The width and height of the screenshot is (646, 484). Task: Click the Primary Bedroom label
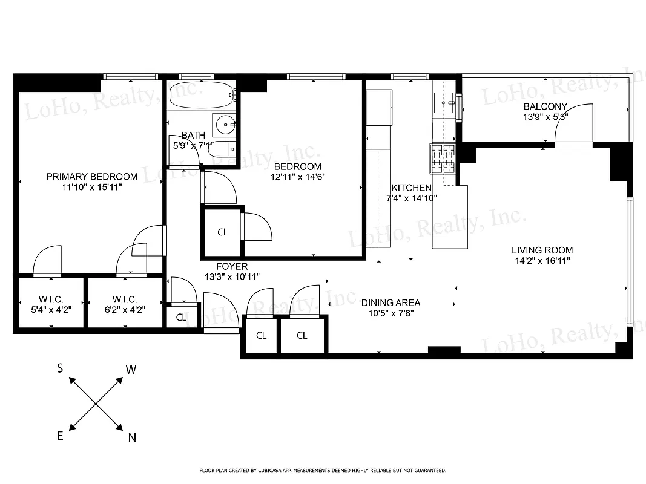coord(92,177)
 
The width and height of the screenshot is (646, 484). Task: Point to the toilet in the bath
coord(226,149)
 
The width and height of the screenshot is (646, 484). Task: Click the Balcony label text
coord(545,106)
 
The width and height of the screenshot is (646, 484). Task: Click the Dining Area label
coord(391,303)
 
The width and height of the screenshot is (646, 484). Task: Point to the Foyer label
coord(232,266)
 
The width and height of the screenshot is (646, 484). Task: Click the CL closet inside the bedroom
coord(223,232)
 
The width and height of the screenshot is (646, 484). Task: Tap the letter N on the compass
coord(132,438)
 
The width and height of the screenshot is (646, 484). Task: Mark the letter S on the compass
coord(60,368)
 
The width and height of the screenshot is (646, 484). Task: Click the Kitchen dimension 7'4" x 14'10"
coord(412,198)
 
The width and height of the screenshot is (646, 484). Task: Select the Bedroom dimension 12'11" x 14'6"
coord(297,177)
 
